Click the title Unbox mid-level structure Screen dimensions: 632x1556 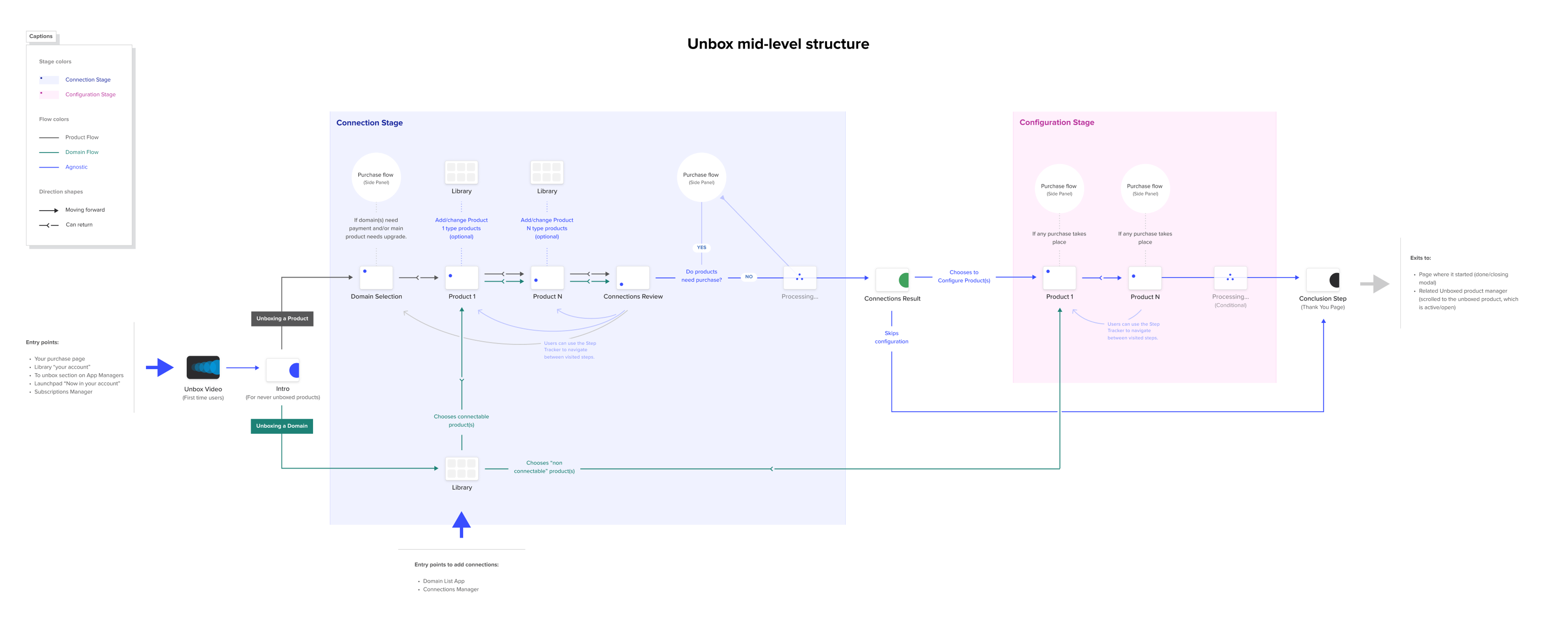point(778,44)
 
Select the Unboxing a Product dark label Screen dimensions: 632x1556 point(282,318)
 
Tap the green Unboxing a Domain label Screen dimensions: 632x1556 point(281,426)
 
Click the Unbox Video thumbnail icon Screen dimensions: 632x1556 point(203,367)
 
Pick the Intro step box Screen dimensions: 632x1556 point(283,370)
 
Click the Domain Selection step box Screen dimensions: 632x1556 point(376,278)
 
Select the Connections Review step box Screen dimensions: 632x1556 point(632,278)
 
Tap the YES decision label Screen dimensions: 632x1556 point(701,247)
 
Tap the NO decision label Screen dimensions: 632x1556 point(748,277)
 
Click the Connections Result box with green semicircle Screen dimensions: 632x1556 point(892,280)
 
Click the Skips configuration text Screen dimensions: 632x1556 point(891,337)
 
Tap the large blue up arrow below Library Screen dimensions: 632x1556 point(461,523)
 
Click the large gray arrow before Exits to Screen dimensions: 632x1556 point(1375,283)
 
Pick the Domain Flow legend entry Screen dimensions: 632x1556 point(81,152)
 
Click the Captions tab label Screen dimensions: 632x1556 point(41,36)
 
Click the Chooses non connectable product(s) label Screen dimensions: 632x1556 point(544,467)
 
